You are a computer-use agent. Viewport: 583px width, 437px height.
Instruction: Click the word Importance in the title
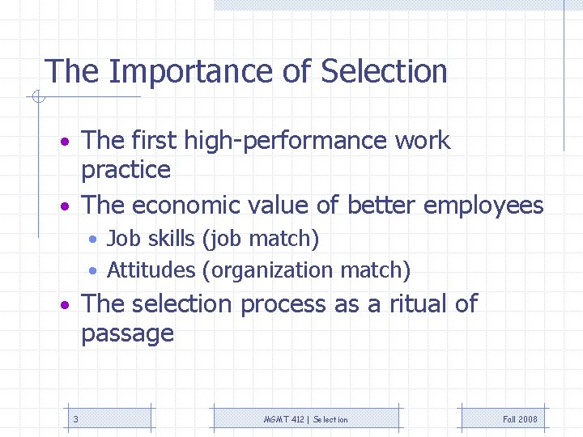tap(191, 72)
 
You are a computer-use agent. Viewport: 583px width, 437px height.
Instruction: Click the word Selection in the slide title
tap(384, 72)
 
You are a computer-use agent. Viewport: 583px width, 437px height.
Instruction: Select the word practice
tap(126, 171)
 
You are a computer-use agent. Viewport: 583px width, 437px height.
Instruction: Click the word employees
tap(483, 206)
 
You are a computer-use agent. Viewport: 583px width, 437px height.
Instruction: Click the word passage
tap(127, 333)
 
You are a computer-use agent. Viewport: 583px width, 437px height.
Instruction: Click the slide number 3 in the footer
tap(75, 419)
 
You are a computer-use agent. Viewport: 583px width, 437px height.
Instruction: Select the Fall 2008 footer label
tap(520, 419)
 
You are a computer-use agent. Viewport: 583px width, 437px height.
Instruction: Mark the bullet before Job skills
tap(95, 240)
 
